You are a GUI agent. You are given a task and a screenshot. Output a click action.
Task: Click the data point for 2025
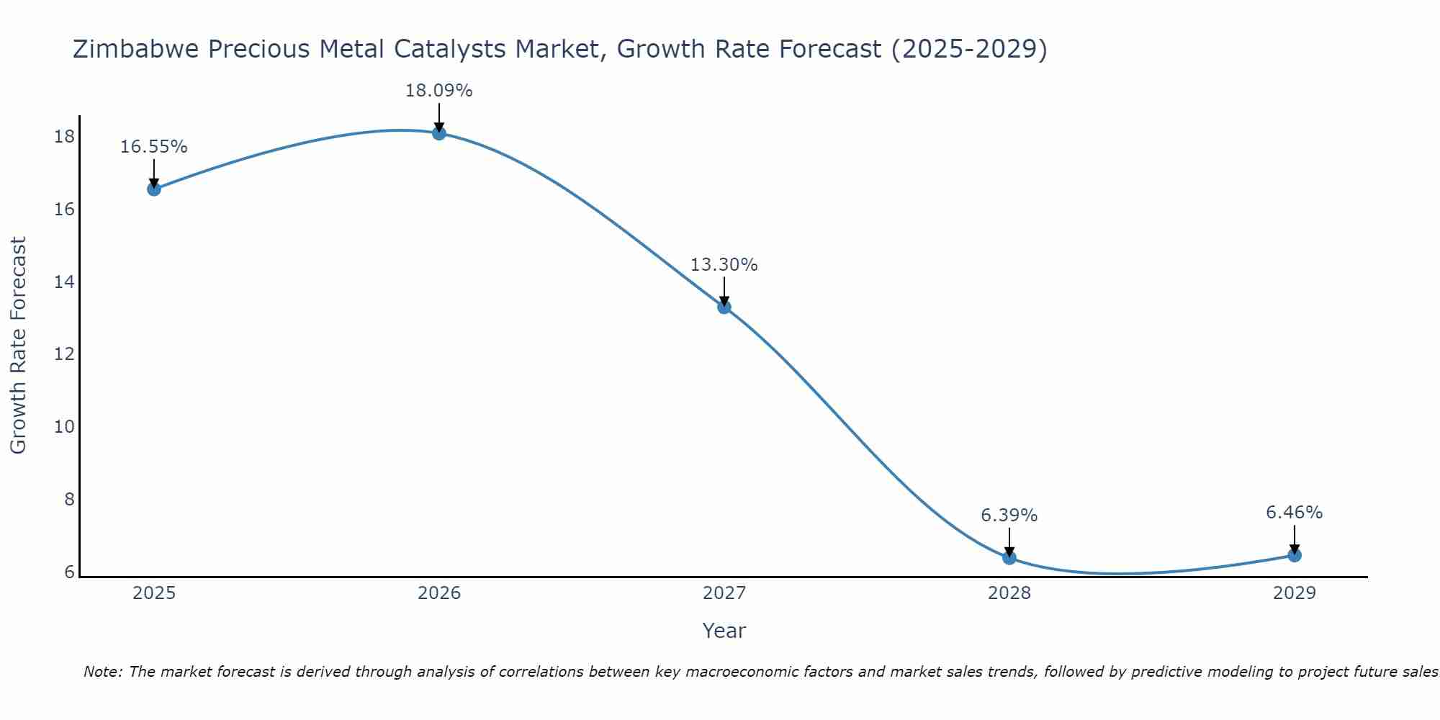154,189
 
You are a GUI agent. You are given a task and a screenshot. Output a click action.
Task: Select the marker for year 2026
439,133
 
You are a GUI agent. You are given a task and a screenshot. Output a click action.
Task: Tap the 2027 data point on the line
724,307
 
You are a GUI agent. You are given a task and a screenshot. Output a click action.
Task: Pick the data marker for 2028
1009,557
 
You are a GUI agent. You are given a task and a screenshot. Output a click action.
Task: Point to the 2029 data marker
1295,555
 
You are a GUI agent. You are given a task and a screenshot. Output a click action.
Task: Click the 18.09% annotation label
438,91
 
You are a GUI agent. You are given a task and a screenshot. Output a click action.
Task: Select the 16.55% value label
153,147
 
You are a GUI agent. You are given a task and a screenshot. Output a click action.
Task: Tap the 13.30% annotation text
724,265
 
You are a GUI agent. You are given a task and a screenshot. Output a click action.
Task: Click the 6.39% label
1009,516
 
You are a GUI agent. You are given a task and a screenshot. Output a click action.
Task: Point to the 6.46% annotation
1294,513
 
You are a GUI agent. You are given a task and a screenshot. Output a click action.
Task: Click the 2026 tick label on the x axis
439,593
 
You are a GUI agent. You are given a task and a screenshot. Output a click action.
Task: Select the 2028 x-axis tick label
1009,593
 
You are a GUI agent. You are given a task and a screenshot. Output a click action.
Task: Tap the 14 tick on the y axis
64,282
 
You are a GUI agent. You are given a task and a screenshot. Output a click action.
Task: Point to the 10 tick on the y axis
64,427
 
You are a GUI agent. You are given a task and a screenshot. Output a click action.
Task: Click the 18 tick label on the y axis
64,137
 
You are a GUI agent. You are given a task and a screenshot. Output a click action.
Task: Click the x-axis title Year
724,631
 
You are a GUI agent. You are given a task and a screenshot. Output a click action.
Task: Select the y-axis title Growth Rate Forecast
18,346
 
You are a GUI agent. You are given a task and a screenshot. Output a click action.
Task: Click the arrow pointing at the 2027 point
724,291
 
